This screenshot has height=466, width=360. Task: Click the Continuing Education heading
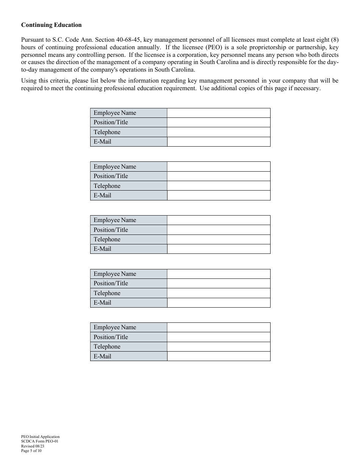tap(51, 25)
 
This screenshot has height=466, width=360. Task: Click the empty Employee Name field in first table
tap(219, 113)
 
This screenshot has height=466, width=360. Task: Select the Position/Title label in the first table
tap(111, 122)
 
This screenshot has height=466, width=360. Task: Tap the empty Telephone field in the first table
tap(219, 132)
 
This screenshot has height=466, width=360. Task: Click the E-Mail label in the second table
tap(102, 195)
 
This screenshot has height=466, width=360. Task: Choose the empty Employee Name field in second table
tap(219, 167)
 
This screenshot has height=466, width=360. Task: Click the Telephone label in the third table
tap(107, 239)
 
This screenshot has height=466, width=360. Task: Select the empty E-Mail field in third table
tap(219, 249)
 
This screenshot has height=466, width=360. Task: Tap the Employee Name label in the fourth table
tap(114, 274)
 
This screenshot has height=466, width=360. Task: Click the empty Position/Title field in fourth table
tap(219, 283)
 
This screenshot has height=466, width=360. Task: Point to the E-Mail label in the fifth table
tap(102, 357)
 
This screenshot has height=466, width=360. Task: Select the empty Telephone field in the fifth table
tap(219, 347)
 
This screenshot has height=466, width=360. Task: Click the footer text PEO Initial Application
tap(40, 437)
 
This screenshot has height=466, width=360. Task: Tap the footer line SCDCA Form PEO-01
tap(39, 441)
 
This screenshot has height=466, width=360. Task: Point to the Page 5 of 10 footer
tap(31, 451)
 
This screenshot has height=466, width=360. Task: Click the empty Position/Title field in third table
tap(219, 230)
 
